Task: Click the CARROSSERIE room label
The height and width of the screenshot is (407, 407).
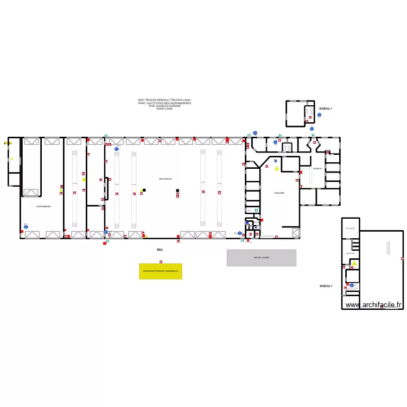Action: coord(43,207)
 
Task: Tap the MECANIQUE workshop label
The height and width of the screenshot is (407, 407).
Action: coord(166,179)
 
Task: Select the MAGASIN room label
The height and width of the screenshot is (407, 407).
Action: coord(279,193)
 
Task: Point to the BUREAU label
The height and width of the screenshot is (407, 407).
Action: coord(317,169)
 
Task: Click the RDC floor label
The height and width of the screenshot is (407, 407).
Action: coord(160,250)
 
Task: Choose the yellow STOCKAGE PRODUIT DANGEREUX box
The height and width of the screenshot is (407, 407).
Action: coord(161,271)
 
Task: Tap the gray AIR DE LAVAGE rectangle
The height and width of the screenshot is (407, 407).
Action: coord(261,258)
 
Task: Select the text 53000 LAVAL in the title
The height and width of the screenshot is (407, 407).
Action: coord(164,109)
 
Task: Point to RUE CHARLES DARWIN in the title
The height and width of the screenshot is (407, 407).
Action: coord(164,106)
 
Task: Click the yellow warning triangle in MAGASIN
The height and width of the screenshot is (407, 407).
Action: coord(277,169)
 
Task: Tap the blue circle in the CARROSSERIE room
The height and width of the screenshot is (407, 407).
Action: coord(26,227)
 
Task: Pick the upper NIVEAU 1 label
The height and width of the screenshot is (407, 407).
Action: coord(326,109)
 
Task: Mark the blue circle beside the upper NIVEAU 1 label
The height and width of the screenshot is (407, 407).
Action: coord(319,115)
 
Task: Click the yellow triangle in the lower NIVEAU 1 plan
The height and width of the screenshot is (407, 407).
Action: coord(354,264)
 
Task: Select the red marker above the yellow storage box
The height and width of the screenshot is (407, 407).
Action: coord(161,262)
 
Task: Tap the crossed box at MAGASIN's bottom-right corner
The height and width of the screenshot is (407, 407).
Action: coord(296,233)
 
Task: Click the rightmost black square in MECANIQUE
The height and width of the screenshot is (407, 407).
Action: coord(177,190)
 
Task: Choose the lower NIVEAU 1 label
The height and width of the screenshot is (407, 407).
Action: coord(326,285)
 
